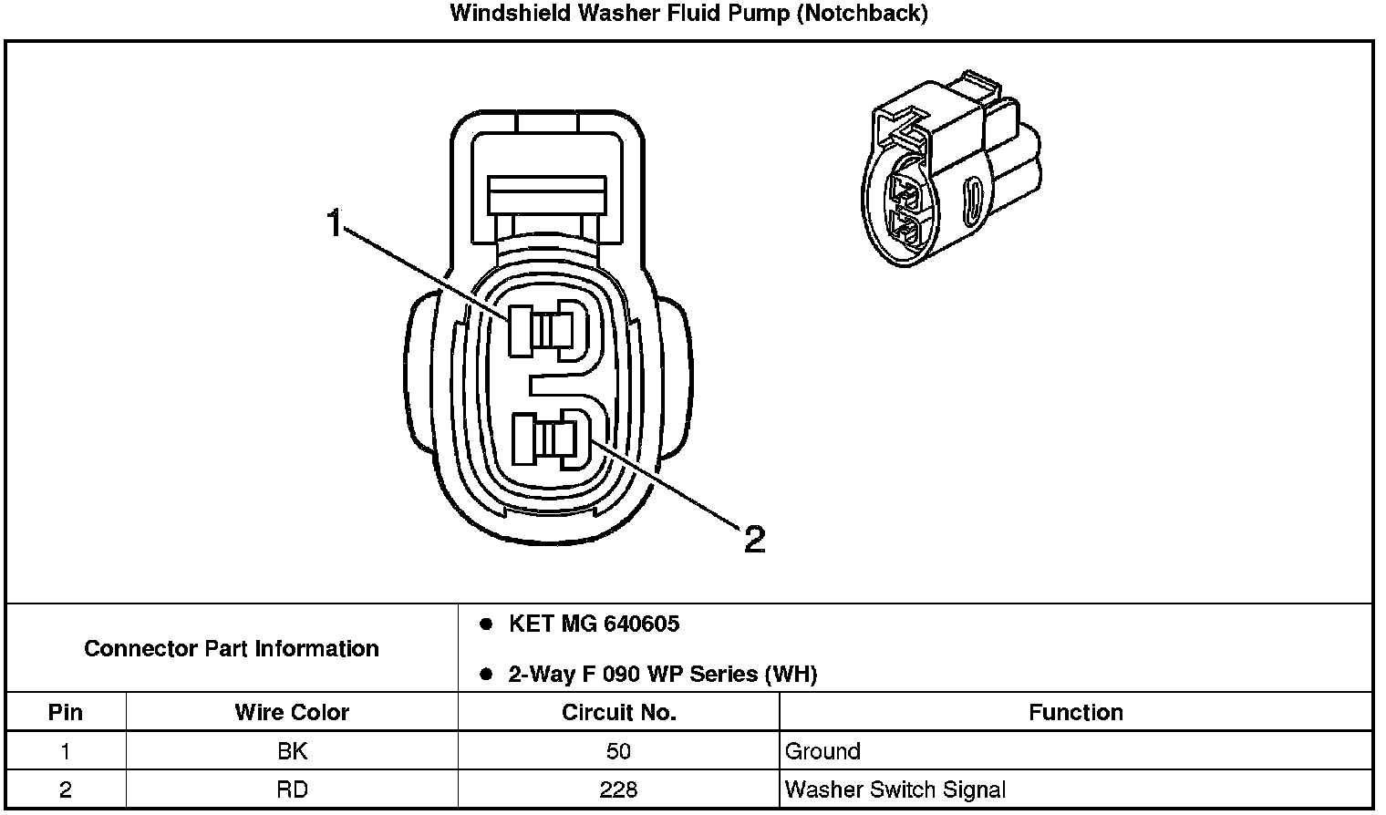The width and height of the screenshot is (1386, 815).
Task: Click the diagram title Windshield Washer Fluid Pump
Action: point(688,14)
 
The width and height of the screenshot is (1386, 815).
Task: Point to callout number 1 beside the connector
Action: point(335,222)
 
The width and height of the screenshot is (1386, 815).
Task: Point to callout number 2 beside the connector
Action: point(754,540)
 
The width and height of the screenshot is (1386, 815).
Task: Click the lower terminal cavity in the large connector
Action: point(543,437)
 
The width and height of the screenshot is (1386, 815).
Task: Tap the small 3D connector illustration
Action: point(949,170)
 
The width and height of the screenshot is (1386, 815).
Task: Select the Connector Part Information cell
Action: point(232,648)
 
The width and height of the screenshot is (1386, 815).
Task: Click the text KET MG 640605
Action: point(594,624)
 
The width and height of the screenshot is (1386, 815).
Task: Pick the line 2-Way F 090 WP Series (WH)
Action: point(662,675)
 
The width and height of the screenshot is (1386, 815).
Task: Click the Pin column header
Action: point(65,712)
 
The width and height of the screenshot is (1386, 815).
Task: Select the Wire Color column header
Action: point(292,712)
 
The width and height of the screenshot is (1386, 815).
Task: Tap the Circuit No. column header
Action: point(618,712)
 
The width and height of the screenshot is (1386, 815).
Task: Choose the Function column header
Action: point(1076,712)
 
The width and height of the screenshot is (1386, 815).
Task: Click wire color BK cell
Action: point(292,751)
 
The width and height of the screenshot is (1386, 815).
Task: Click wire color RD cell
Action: point(292,789)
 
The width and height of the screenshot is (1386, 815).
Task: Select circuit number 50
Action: point(618,751)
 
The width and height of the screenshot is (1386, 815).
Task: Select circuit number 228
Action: point(618,789)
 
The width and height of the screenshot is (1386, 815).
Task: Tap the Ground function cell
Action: point(822,751)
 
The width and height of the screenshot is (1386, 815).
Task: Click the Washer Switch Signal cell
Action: point(895,789)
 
